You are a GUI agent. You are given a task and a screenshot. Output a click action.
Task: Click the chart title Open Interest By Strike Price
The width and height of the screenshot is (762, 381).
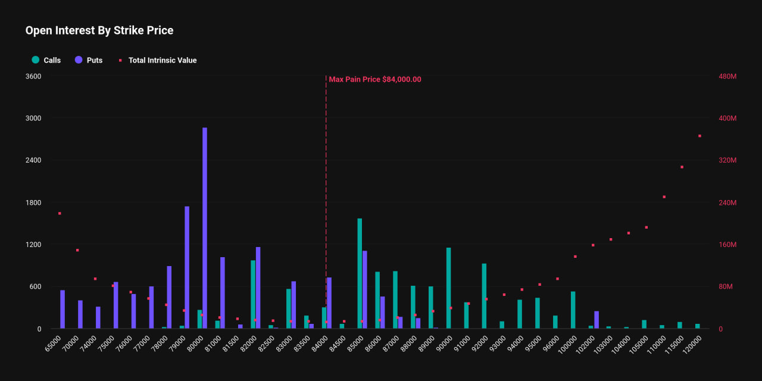coord(99,30)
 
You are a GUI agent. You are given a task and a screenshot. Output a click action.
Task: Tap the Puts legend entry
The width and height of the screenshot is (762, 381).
coord(89,60)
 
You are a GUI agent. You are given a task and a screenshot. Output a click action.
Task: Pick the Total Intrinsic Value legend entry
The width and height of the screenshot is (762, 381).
coord(158,60)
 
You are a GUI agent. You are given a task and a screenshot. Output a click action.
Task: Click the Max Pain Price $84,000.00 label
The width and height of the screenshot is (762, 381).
coord(375,79)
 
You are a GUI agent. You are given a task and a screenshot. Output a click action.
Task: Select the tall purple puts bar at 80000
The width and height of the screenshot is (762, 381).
coord(205,228)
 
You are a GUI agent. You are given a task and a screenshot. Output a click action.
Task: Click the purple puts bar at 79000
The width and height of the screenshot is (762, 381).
coord(187,267)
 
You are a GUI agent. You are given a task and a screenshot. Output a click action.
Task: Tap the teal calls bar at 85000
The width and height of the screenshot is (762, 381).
coord(360,273)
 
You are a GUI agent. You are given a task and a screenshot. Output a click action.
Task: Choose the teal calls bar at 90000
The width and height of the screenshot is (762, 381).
coord(448,288)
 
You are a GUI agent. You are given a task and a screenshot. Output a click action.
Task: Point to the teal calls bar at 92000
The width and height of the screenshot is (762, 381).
coord(484,296)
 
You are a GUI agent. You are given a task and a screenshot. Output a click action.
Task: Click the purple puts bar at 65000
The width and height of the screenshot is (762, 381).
coord(63,309)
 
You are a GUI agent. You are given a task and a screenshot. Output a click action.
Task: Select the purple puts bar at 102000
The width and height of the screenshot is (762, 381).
coord(597,320)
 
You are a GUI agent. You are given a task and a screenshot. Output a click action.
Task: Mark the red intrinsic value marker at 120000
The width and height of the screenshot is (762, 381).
coord(699,136)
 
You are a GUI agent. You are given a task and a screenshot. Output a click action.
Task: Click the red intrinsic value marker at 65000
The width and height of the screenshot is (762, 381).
coord(60,213)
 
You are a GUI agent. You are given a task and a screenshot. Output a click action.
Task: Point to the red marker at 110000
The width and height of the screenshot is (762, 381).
coord(664,196)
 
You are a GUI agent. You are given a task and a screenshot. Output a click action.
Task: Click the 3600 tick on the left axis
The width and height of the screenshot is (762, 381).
coord(33,76)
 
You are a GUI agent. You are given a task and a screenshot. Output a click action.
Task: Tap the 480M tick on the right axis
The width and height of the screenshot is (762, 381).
coord(728,76)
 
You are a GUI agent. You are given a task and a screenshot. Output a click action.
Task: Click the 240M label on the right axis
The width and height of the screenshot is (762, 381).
coord(728,202)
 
